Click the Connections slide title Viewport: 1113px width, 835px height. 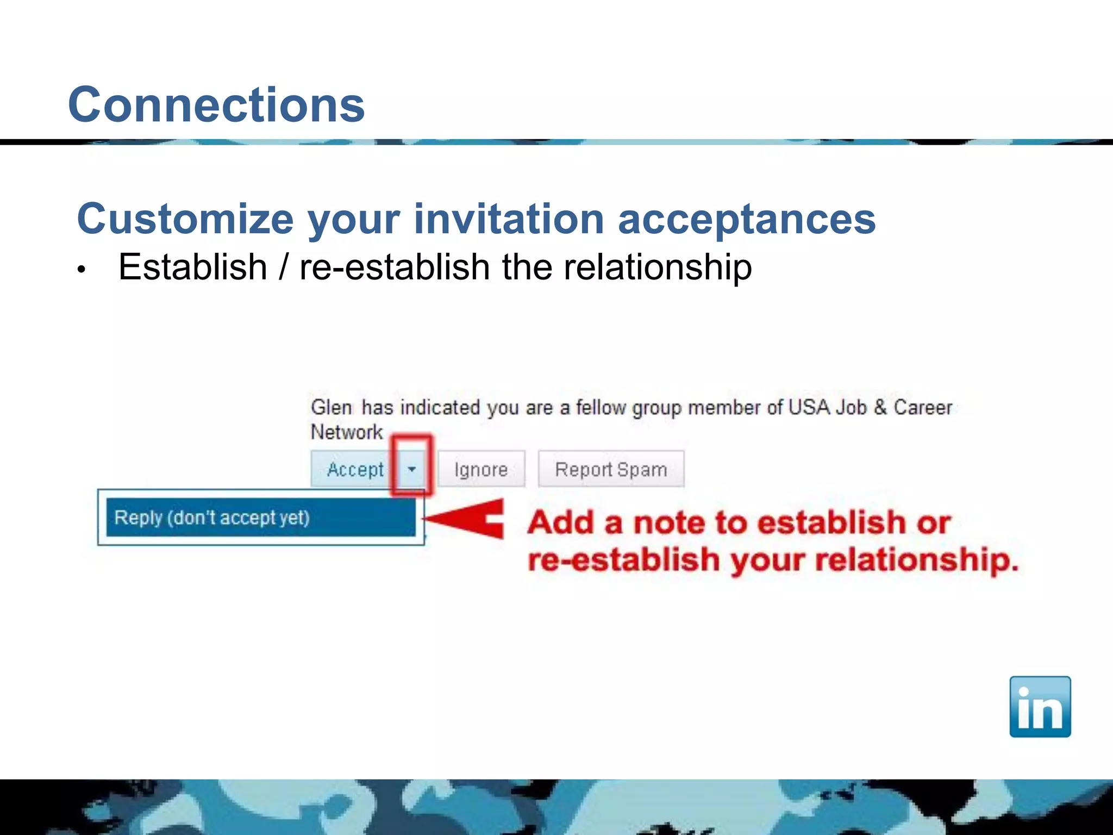(x=216, y=105)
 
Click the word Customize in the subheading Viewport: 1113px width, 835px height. (x=185, y=219)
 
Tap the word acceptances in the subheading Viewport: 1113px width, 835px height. (x=747, y=219)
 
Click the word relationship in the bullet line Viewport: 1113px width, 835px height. (x=658, y=267)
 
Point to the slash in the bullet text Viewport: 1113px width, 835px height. (x=283, y=267)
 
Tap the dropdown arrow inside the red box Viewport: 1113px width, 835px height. (x=412, y=469)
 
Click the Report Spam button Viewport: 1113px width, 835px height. (x=611, y=469)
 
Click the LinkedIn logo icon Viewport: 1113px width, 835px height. (x=1040, y=706)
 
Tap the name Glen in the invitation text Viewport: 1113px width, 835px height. (x=331, y=407)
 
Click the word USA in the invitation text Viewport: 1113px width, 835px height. (x=808, y=407)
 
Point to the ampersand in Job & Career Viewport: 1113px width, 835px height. (x=880, y=407)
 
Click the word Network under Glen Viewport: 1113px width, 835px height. (x=347, y=432)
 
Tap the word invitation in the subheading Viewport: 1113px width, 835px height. (x=509, y=219)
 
